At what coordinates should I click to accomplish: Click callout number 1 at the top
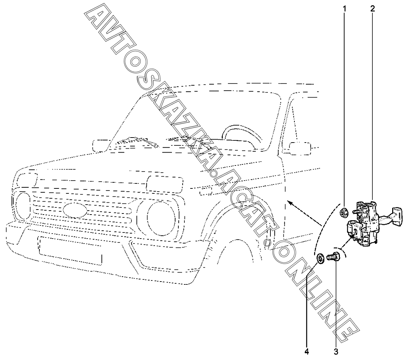(345, 8)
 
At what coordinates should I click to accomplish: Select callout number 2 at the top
(372, 8)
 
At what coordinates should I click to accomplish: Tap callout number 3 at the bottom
(336, 351)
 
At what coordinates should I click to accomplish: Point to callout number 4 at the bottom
(306, 351)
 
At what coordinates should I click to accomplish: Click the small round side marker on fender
(266, 244)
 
